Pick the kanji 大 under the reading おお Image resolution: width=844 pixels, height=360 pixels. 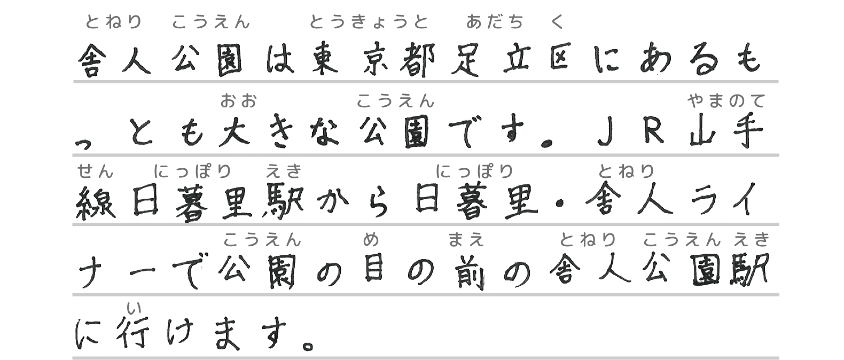pyautogui.click(x=234, y=132)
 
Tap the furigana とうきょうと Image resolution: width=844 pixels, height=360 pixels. pyautogui.click(x=369, y=22)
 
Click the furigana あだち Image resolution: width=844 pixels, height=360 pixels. pyautogui.click(x=495, y=22)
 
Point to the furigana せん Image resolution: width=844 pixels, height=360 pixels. pyautogui.click(x=95, y=171)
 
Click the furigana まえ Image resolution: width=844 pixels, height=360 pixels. pyautogui.click(x=466, y=239)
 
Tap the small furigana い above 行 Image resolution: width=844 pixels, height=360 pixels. pyautogui.click(x=134, y=308)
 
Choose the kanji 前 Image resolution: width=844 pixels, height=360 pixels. pyautogui.click(x=468, y=272)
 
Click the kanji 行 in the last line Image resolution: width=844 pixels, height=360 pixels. pyautogui.click(x=132, y=334)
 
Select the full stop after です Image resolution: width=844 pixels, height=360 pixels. pyautogui.click(x=546, y=143)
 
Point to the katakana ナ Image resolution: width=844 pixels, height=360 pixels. pyautogui.click(x=91, y=271)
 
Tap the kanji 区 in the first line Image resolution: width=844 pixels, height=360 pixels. pyautogui.click(x=559, y=57)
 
